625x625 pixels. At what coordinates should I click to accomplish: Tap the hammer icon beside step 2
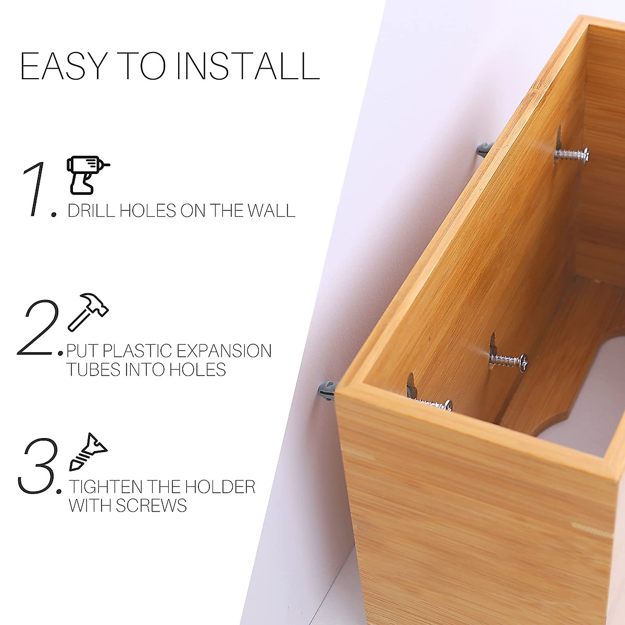88,312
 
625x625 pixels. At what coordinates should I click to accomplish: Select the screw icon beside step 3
88,451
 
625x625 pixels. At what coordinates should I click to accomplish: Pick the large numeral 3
37,466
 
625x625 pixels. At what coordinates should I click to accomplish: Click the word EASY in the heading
63,66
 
